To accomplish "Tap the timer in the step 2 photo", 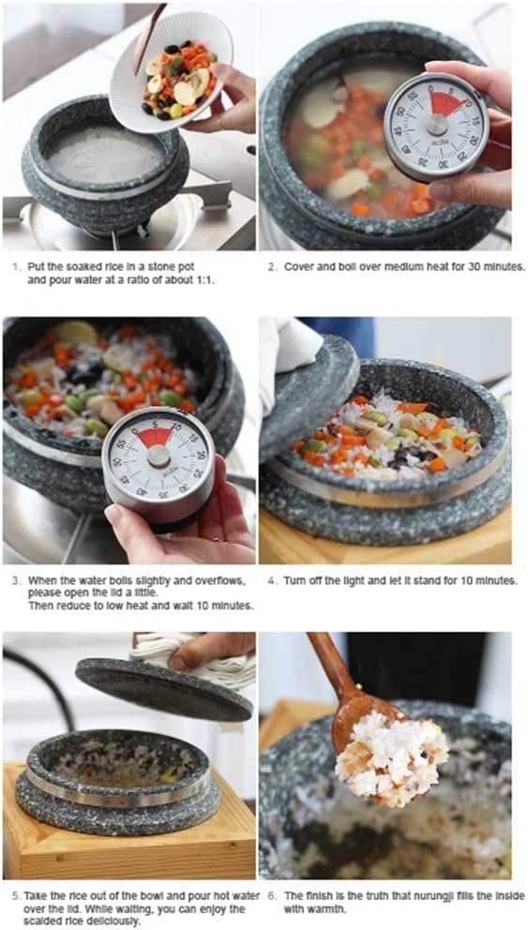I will tap(437, 126).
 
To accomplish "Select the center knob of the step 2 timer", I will tap(437, 126).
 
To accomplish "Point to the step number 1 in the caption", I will tap(16, 266).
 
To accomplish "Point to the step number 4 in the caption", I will tap(272, 580).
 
